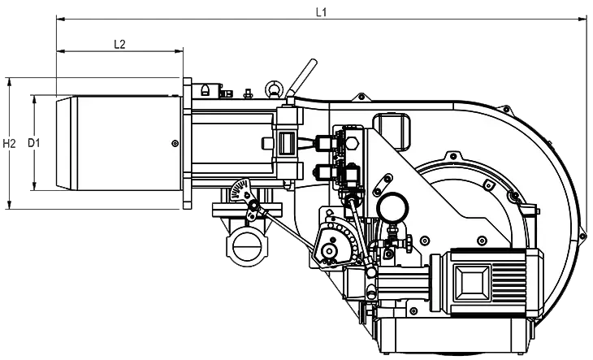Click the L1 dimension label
pyautogui.click(x=321, y=12)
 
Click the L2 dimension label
pyautogui.click(x=119, y=44)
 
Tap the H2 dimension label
pyautogui.click(x=10, y=143)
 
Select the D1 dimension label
pyautogui.click(x=34, y=143)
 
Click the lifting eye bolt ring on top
pyautogui.click(x=273, y=89)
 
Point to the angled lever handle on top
pyautogui.click(x=301, y=77)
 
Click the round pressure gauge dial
pyautogui.click(x=393, y=207)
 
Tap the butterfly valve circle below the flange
pyautogui.click(x=245, y=246)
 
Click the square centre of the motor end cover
pyautogui.click(x=472, y=282)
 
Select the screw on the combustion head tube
pyautogui.click(x=175, y=143)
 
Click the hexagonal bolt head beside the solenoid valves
pyautogui.click(x=352, y=143)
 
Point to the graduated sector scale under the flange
pyautogui.click(x=241, y=190)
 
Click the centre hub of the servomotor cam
pyautogui.click(x=330, y=250)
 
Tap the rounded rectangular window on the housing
pyautogui.click(x=392, y=131)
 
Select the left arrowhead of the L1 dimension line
pyautogui.click(x=60, y=18)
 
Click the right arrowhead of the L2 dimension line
pyautogui.click(x=180, y=50)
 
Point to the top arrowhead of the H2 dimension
pyautogui.click(x=8, y=81)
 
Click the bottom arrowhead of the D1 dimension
pyautogui.click(x=34, y=186)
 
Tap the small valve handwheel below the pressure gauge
pyautogui.click(x=409, y=243)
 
